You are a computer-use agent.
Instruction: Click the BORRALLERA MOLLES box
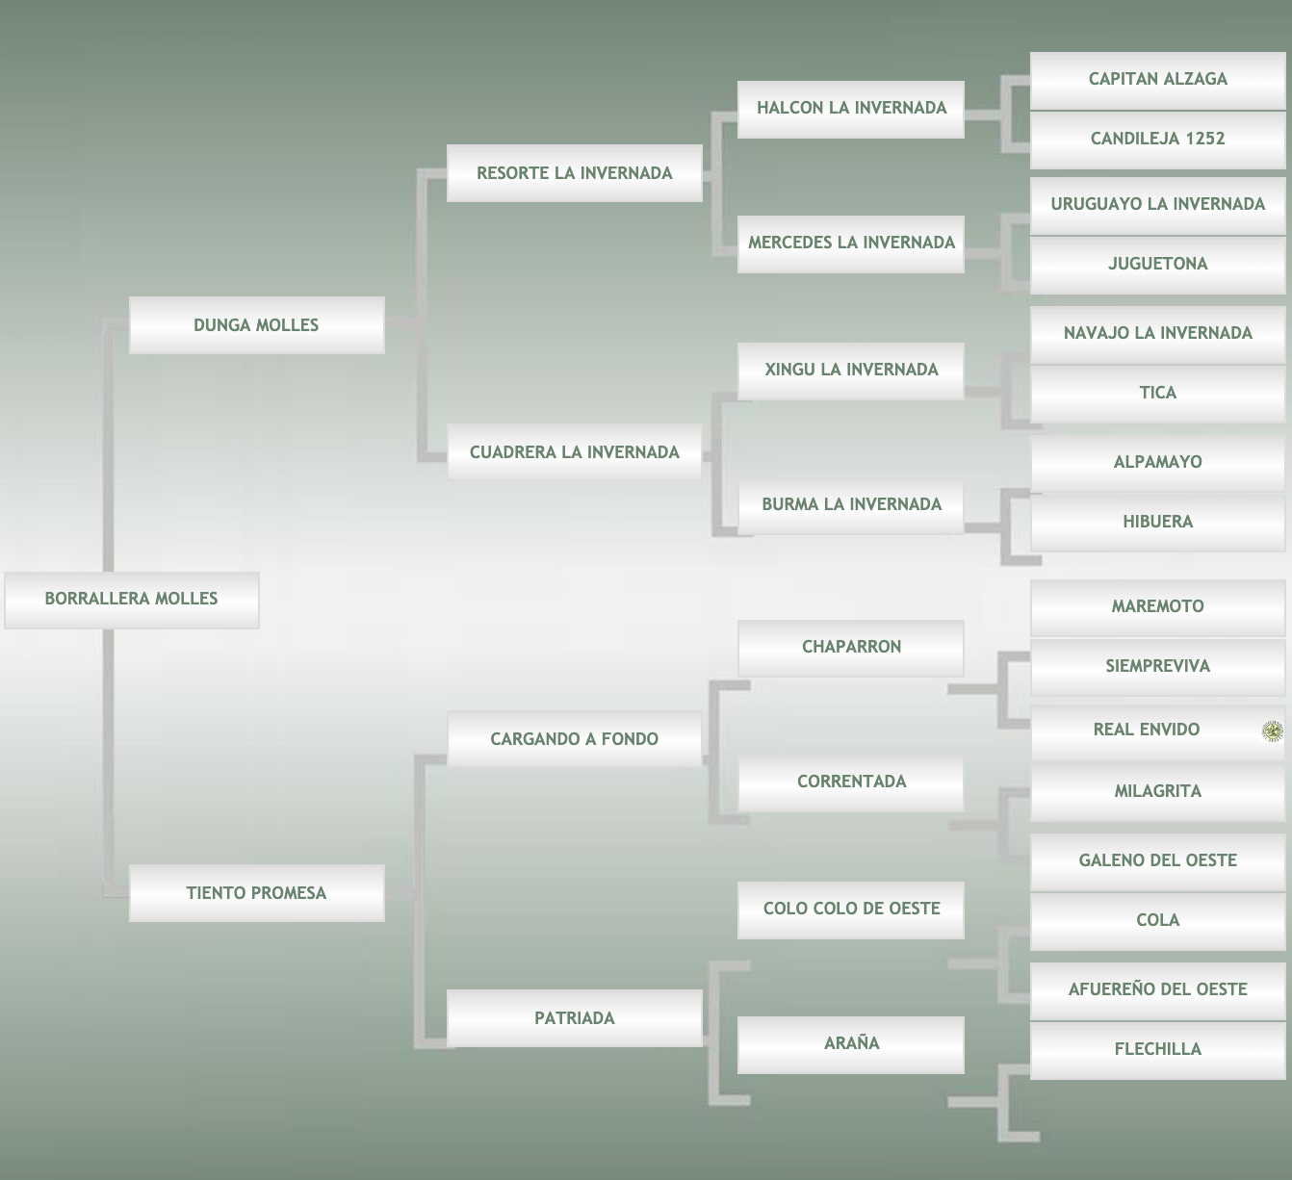point(132,600)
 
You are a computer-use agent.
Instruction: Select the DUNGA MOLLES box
point(256,325)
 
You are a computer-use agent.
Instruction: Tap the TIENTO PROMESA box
point(256,893)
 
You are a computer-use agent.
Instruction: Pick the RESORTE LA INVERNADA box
point(575,173)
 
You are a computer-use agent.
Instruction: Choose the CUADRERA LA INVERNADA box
point(575,452)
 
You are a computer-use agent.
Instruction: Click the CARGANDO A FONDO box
point(575,739)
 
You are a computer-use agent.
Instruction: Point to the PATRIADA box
point(575,1018)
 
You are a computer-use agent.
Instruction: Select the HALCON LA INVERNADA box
point(851,108)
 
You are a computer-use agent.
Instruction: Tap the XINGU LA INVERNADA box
point(851,370)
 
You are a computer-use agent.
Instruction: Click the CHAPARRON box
point(851,647)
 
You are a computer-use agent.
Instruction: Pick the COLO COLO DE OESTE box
point(851,909)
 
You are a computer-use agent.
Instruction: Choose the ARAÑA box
point(851,1043)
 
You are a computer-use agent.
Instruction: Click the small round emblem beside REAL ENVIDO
point(1272,731)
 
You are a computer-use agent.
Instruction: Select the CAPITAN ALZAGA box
point(1157,79)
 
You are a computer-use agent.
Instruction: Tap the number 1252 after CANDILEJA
point(1205,139)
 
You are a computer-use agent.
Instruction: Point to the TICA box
point(1157,393)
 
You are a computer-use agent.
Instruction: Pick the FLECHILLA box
point(1157,1049)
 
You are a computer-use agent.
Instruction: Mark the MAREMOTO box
point(1157,606)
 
